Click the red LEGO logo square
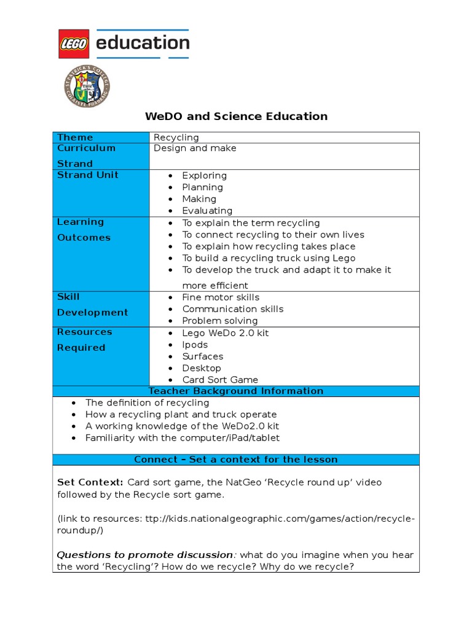(74, 44)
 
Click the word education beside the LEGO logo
(142, 43)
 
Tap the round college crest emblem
(87, 87)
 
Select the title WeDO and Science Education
(236, 116)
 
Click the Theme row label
(75, 137)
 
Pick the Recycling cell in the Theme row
(176, 137)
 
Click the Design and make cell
(195, 148)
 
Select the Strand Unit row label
(87, 175)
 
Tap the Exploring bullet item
(204, 176)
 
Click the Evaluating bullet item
(207, 211)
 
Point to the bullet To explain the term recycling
(251, 223)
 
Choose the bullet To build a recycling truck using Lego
(269, 258)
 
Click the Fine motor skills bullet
(221, 297)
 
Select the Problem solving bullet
(219, 321)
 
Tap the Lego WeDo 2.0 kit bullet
(225, 333)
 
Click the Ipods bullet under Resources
(195, 345)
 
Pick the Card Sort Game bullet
(220, 380)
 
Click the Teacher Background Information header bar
(236, 391)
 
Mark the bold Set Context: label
(90, 482)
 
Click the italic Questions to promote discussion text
(145, 555)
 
